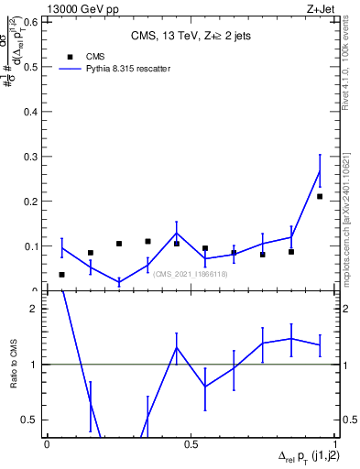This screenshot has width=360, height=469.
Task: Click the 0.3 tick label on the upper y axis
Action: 32,156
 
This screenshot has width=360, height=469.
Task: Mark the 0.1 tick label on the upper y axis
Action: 32,245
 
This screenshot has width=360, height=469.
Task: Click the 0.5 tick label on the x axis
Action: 191,444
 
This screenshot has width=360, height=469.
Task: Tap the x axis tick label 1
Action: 333,444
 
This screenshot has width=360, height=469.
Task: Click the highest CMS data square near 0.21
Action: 320,196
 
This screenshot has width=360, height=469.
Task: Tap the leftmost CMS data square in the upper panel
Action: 61,275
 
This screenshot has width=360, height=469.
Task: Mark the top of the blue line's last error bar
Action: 320,155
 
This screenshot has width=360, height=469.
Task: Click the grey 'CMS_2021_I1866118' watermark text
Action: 190,273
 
